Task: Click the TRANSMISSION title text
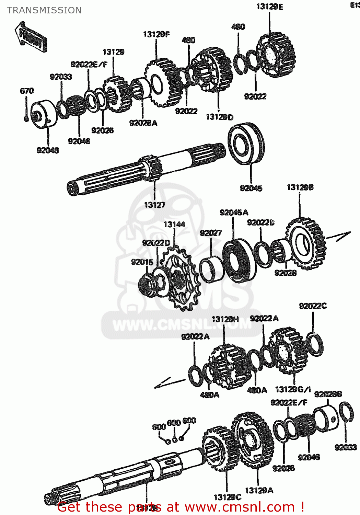(x=44, y=10)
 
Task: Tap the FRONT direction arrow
(x=31, y=37)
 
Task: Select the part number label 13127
(x=154, y=205)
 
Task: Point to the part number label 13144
(x=174, y=225)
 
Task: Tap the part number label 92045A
(x=234, y=213)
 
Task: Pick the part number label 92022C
(x=313, y=306)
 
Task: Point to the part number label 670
(x=27, y=91)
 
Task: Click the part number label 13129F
(x=156, y=34)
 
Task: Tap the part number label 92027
(x=211, y=233)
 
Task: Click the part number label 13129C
(x=227, y=497)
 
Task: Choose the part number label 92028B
(x=328, y=394)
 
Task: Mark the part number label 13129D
(x=220, y=117)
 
